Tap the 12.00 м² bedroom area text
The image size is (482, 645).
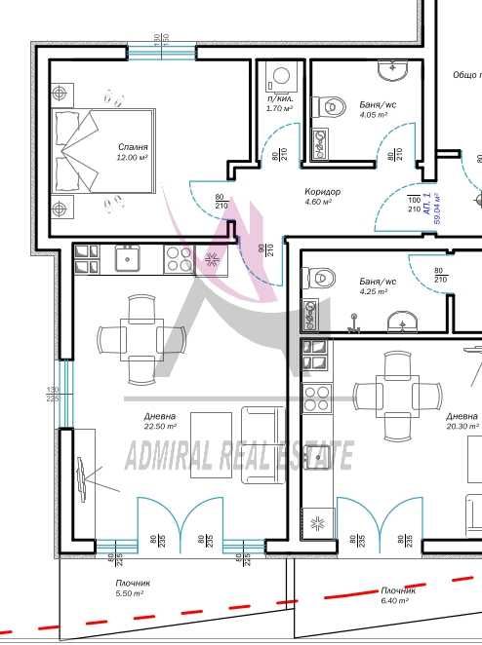pyautogui.click(x=131, y=157)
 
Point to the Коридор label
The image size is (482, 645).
pyautogui.click(x=322, y=192)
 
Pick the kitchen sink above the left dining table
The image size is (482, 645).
pyautogui.click(x=126, y=257)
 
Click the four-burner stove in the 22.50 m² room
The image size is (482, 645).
pyautogui.click(x=178, y=258)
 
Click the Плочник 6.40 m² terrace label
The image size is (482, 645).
pyautogui.click(x=398, y=595)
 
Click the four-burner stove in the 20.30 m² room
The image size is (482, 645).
pyautogui.click(x=316, y=397)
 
